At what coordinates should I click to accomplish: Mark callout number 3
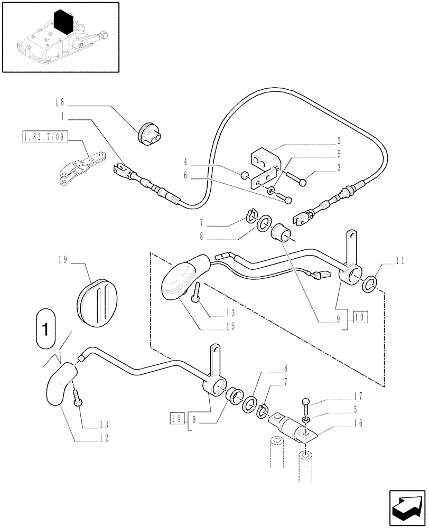(339, 168)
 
